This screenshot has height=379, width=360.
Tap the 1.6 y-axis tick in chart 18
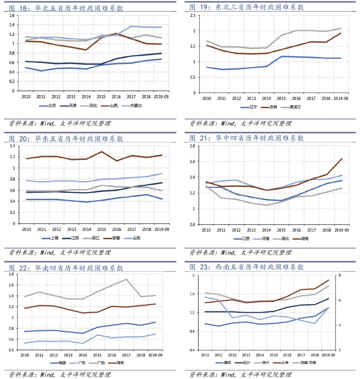pos(12,16)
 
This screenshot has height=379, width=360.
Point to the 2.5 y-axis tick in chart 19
pos(192,16)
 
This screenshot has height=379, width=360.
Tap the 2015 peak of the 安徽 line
pos(101,152)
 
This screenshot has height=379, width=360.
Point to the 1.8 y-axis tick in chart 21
pos(192,146)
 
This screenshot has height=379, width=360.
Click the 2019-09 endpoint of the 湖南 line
pos(342,159)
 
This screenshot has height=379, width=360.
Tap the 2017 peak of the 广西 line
pos(126,279)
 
